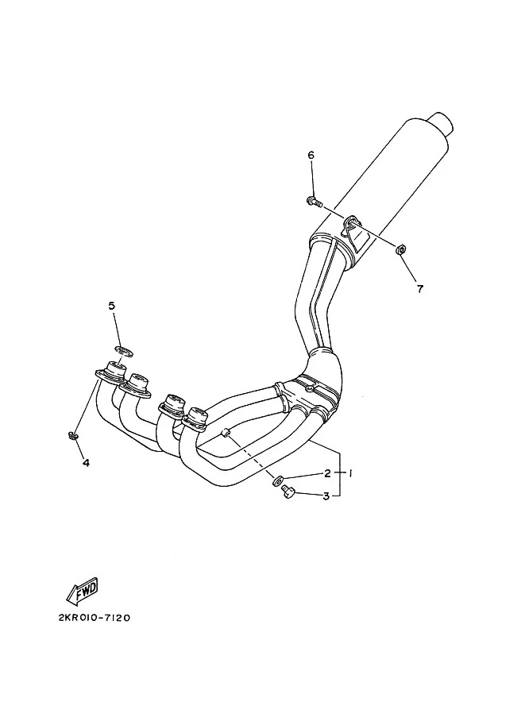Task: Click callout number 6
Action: tap(311, 155)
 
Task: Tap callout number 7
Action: tap(420, 289)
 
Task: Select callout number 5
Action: tap(111, 306)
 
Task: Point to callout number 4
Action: tap(86, 462)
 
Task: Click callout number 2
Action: tap(327, 473)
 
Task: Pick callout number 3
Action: tap(326, 496)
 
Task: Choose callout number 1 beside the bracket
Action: tap(350, 473)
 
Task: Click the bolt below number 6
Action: tap(314, 202)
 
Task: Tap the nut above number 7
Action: tap(401, 249)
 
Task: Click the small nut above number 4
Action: tap(71, 434)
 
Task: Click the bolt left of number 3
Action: tap(288, 492)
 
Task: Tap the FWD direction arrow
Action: tap(83, 591)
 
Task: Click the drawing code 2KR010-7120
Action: tap(95, 618)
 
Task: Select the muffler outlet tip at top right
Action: tap(443, 122)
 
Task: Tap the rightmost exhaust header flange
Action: tap(195, 419)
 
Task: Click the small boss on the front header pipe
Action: tap(225, 434)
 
